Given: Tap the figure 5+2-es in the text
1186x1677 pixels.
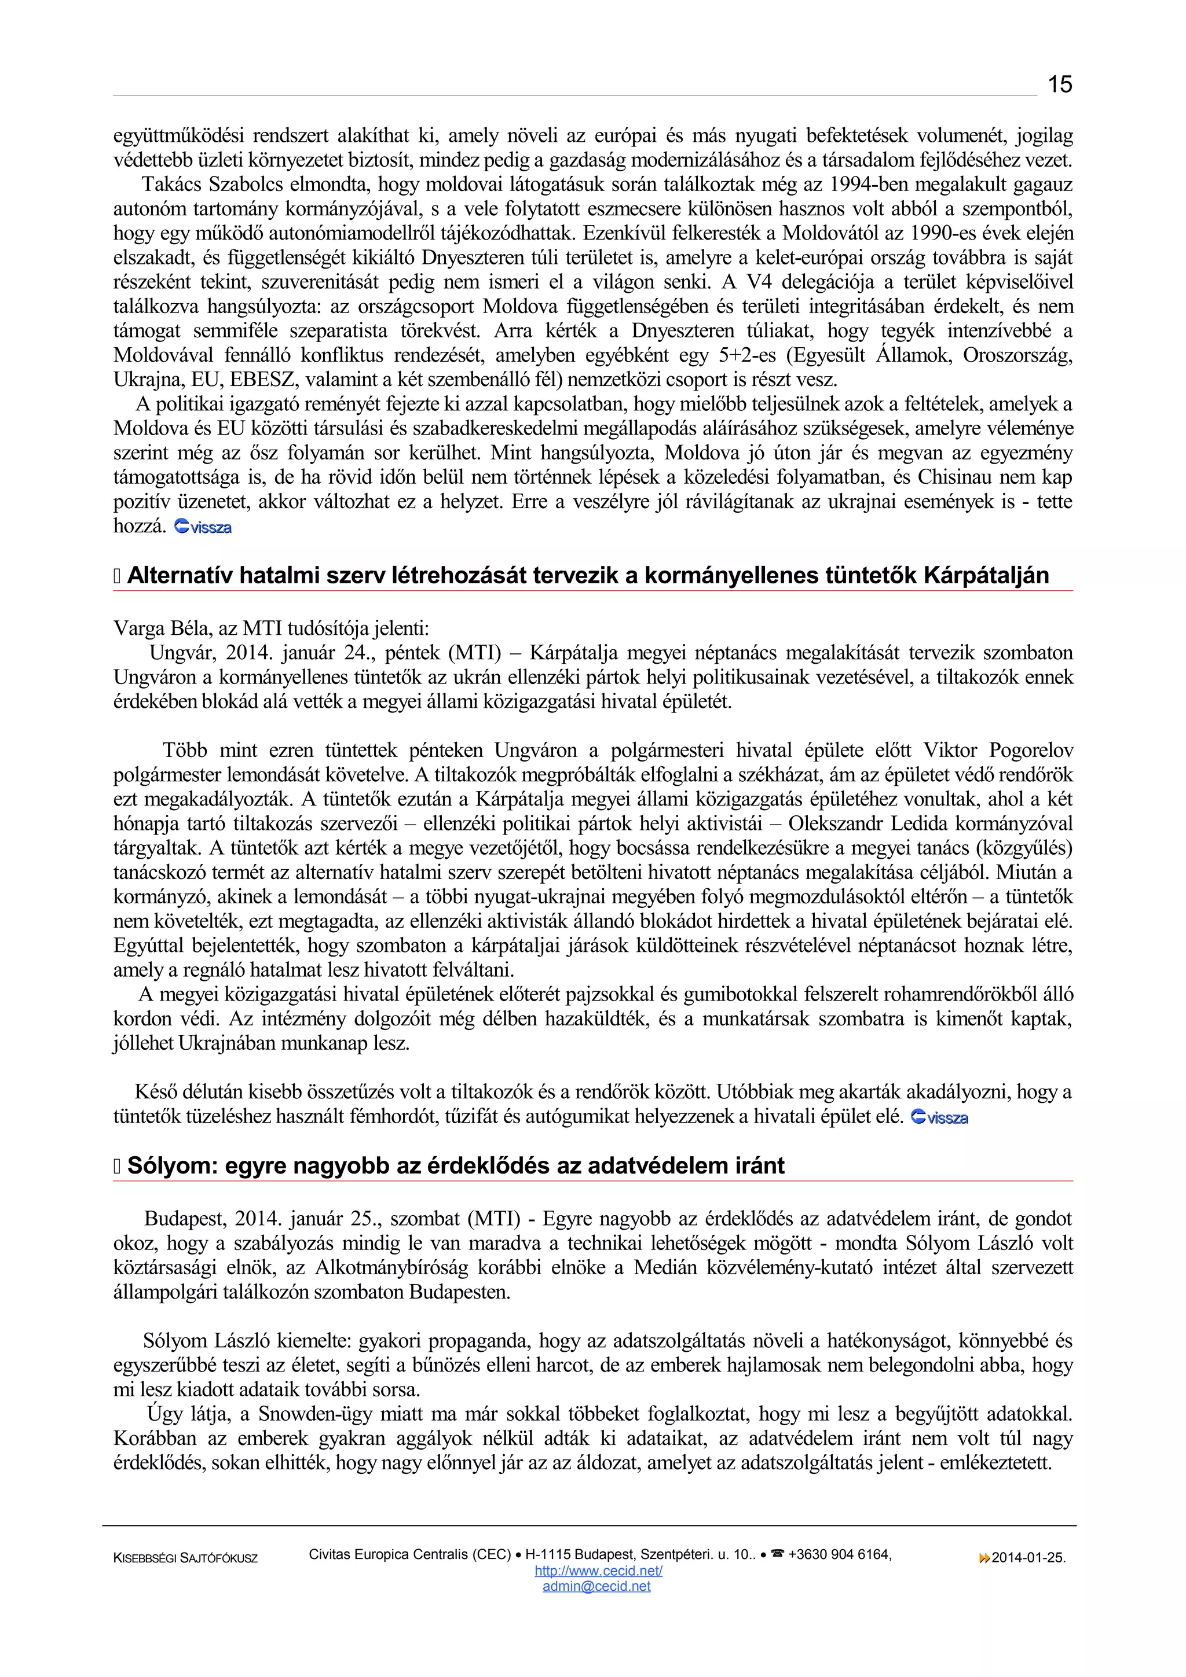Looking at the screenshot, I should coord(747,356).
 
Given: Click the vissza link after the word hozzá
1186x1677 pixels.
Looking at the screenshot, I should coord(204,527).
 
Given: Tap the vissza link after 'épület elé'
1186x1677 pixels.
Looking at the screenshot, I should coord(940,1117).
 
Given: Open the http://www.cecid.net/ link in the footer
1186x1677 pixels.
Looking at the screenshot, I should coord(598,1571).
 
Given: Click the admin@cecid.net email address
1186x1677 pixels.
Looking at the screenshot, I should coord(596,1586).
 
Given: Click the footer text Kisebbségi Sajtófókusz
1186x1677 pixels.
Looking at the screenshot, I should coord(186,1559).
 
